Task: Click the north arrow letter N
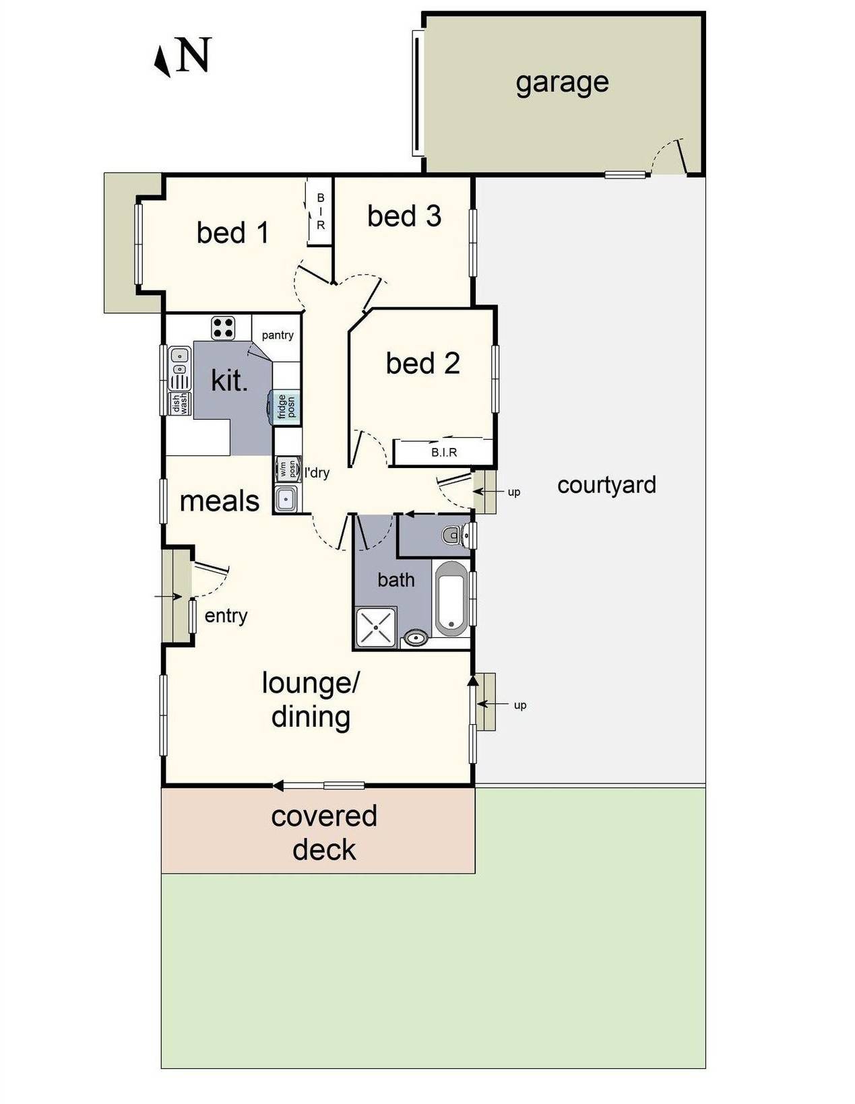pyautogui.click(x=193, y=55)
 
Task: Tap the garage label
pyautogui.click(x=562, y=82)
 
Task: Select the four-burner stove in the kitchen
pyautogui.click(x=223, y=328)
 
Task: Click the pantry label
pyautogui.click(x=278, y=335)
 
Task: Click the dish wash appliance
pyautogui.click(x=180, y=403)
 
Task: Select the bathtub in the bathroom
pyautogui.click(x=451, y=599)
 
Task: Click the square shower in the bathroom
pyautogui.click(x=375, y=627)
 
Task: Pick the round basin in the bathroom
pyautogui.click(x=416, y=637)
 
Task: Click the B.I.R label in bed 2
pyautogui.click(x=444, y=453)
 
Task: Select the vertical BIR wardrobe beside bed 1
pyautogui.click(x=321, y=212)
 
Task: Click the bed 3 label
pyautogui.click(x=404, y=216)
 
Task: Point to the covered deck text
pyautogui.click(x=323, y=833)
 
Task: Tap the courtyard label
pyautogui.click(x=606, y=485)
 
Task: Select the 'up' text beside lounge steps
pyautogui.click(x=520, y=705)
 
